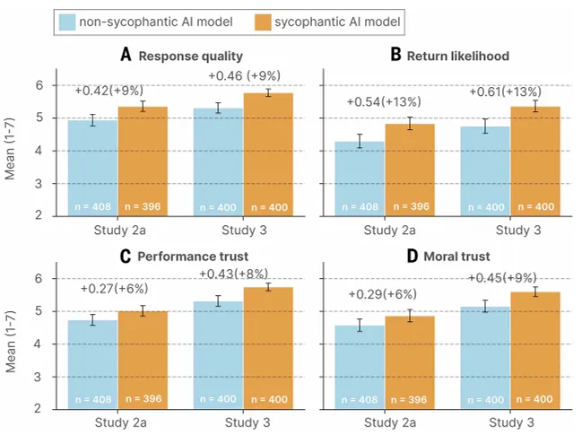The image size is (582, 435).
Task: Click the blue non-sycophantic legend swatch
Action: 70,20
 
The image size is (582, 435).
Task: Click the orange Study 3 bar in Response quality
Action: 267,152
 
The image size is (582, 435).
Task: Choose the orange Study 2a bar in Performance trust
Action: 143,359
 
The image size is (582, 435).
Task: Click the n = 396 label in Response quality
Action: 143,208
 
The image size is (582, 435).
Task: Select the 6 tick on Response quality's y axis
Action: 39,85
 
